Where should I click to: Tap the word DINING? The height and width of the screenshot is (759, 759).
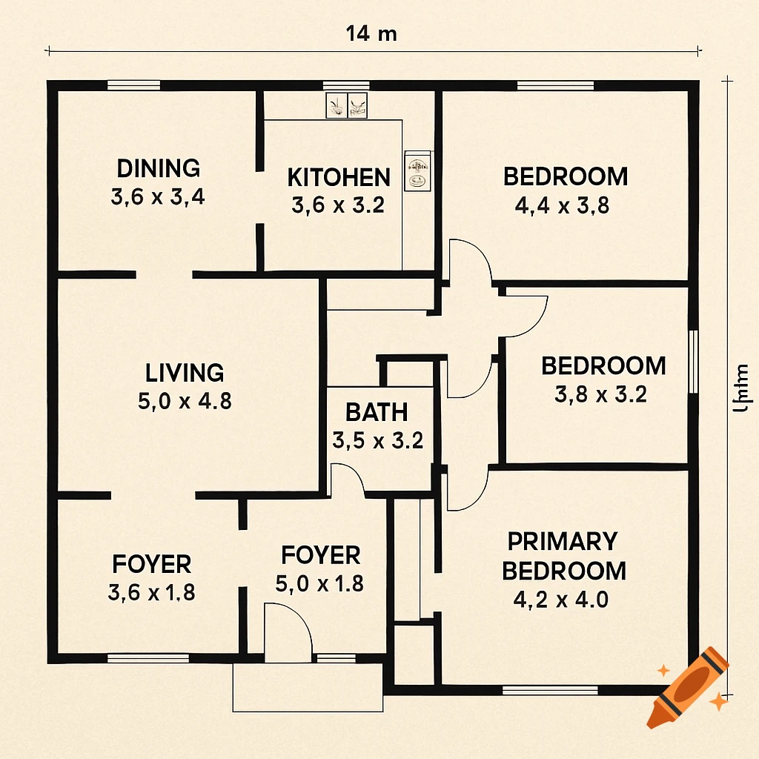[x=158, y=168]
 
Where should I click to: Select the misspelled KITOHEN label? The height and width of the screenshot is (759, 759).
[x=338, y=178]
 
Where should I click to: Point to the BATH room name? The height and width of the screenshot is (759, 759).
[x=377, y=411]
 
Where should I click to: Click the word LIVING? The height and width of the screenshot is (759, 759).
[x=185, y=372]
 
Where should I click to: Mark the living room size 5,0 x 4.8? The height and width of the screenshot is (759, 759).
[x=185, y=401]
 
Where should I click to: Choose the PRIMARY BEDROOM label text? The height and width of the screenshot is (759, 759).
[x=563, y=556]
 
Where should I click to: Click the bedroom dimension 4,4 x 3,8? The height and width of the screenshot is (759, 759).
[x=562, y=205]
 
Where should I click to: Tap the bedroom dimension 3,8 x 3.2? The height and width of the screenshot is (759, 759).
[x=600, y=394]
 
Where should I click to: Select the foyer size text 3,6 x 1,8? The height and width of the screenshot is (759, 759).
[x=152, y=592]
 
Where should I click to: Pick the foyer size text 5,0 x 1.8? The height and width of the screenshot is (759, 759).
[x=319, y=583]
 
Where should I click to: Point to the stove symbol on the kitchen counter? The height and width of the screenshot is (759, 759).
[x=417, y=170]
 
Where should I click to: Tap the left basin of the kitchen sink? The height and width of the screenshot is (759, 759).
[x=337, y=105]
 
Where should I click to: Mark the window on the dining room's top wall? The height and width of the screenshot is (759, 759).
[x=133, y=85]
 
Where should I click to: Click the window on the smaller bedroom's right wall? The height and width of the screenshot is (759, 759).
[x=693, y=361]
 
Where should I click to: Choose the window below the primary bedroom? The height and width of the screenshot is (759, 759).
[x=549, y=690]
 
